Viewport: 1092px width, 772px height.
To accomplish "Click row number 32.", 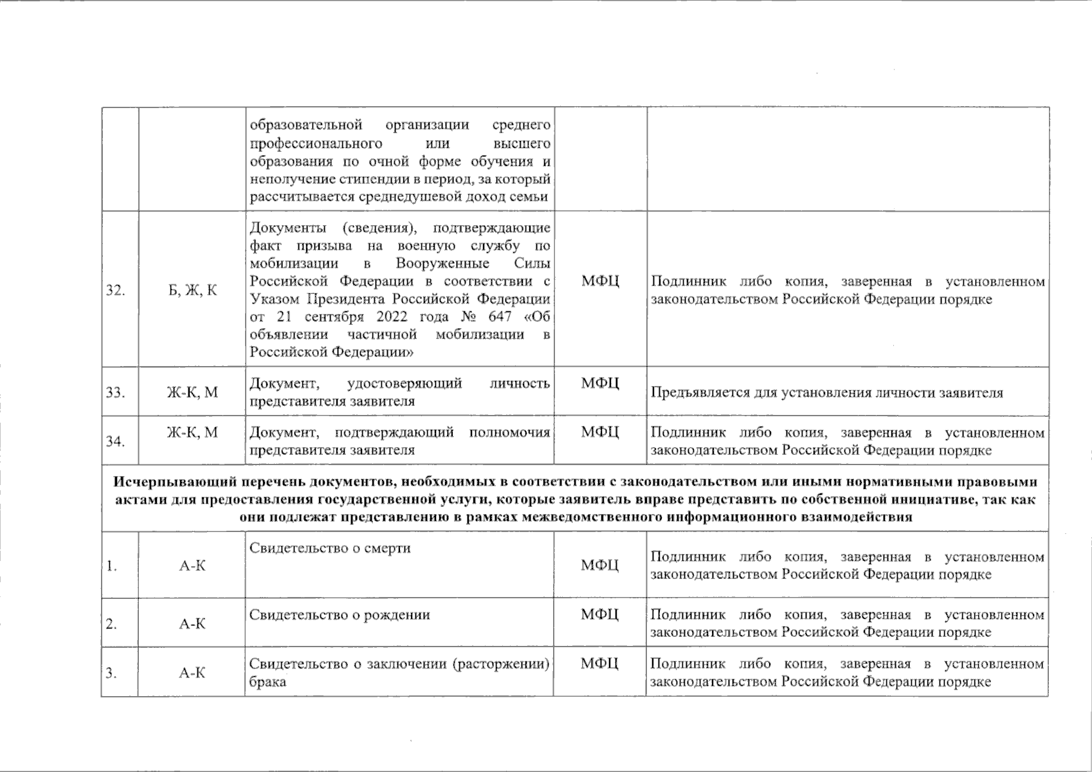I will point(116,290).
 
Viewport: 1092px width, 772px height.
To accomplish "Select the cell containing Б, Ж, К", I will point(192,290).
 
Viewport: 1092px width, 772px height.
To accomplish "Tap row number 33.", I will point(116,392).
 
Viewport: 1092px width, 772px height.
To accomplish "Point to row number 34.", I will point(116,441).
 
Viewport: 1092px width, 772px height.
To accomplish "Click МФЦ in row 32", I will point(600,281).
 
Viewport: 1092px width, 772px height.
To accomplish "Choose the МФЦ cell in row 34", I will point(600,432).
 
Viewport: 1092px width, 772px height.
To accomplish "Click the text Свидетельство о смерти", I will point(329,548).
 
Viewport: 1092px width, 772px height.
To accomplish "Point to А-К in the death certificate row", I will point(192,566).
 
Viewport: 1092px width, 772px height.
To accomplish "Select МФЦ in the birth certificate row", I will point(599,614).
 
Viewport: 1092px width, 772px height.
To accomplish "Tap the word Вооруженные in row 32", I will point(442,263).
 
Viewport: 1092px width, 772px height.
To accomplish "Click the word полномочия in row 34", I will point(509,432).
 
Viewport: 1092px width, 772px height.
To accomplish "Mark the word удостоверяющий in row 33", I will point(404,383).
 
